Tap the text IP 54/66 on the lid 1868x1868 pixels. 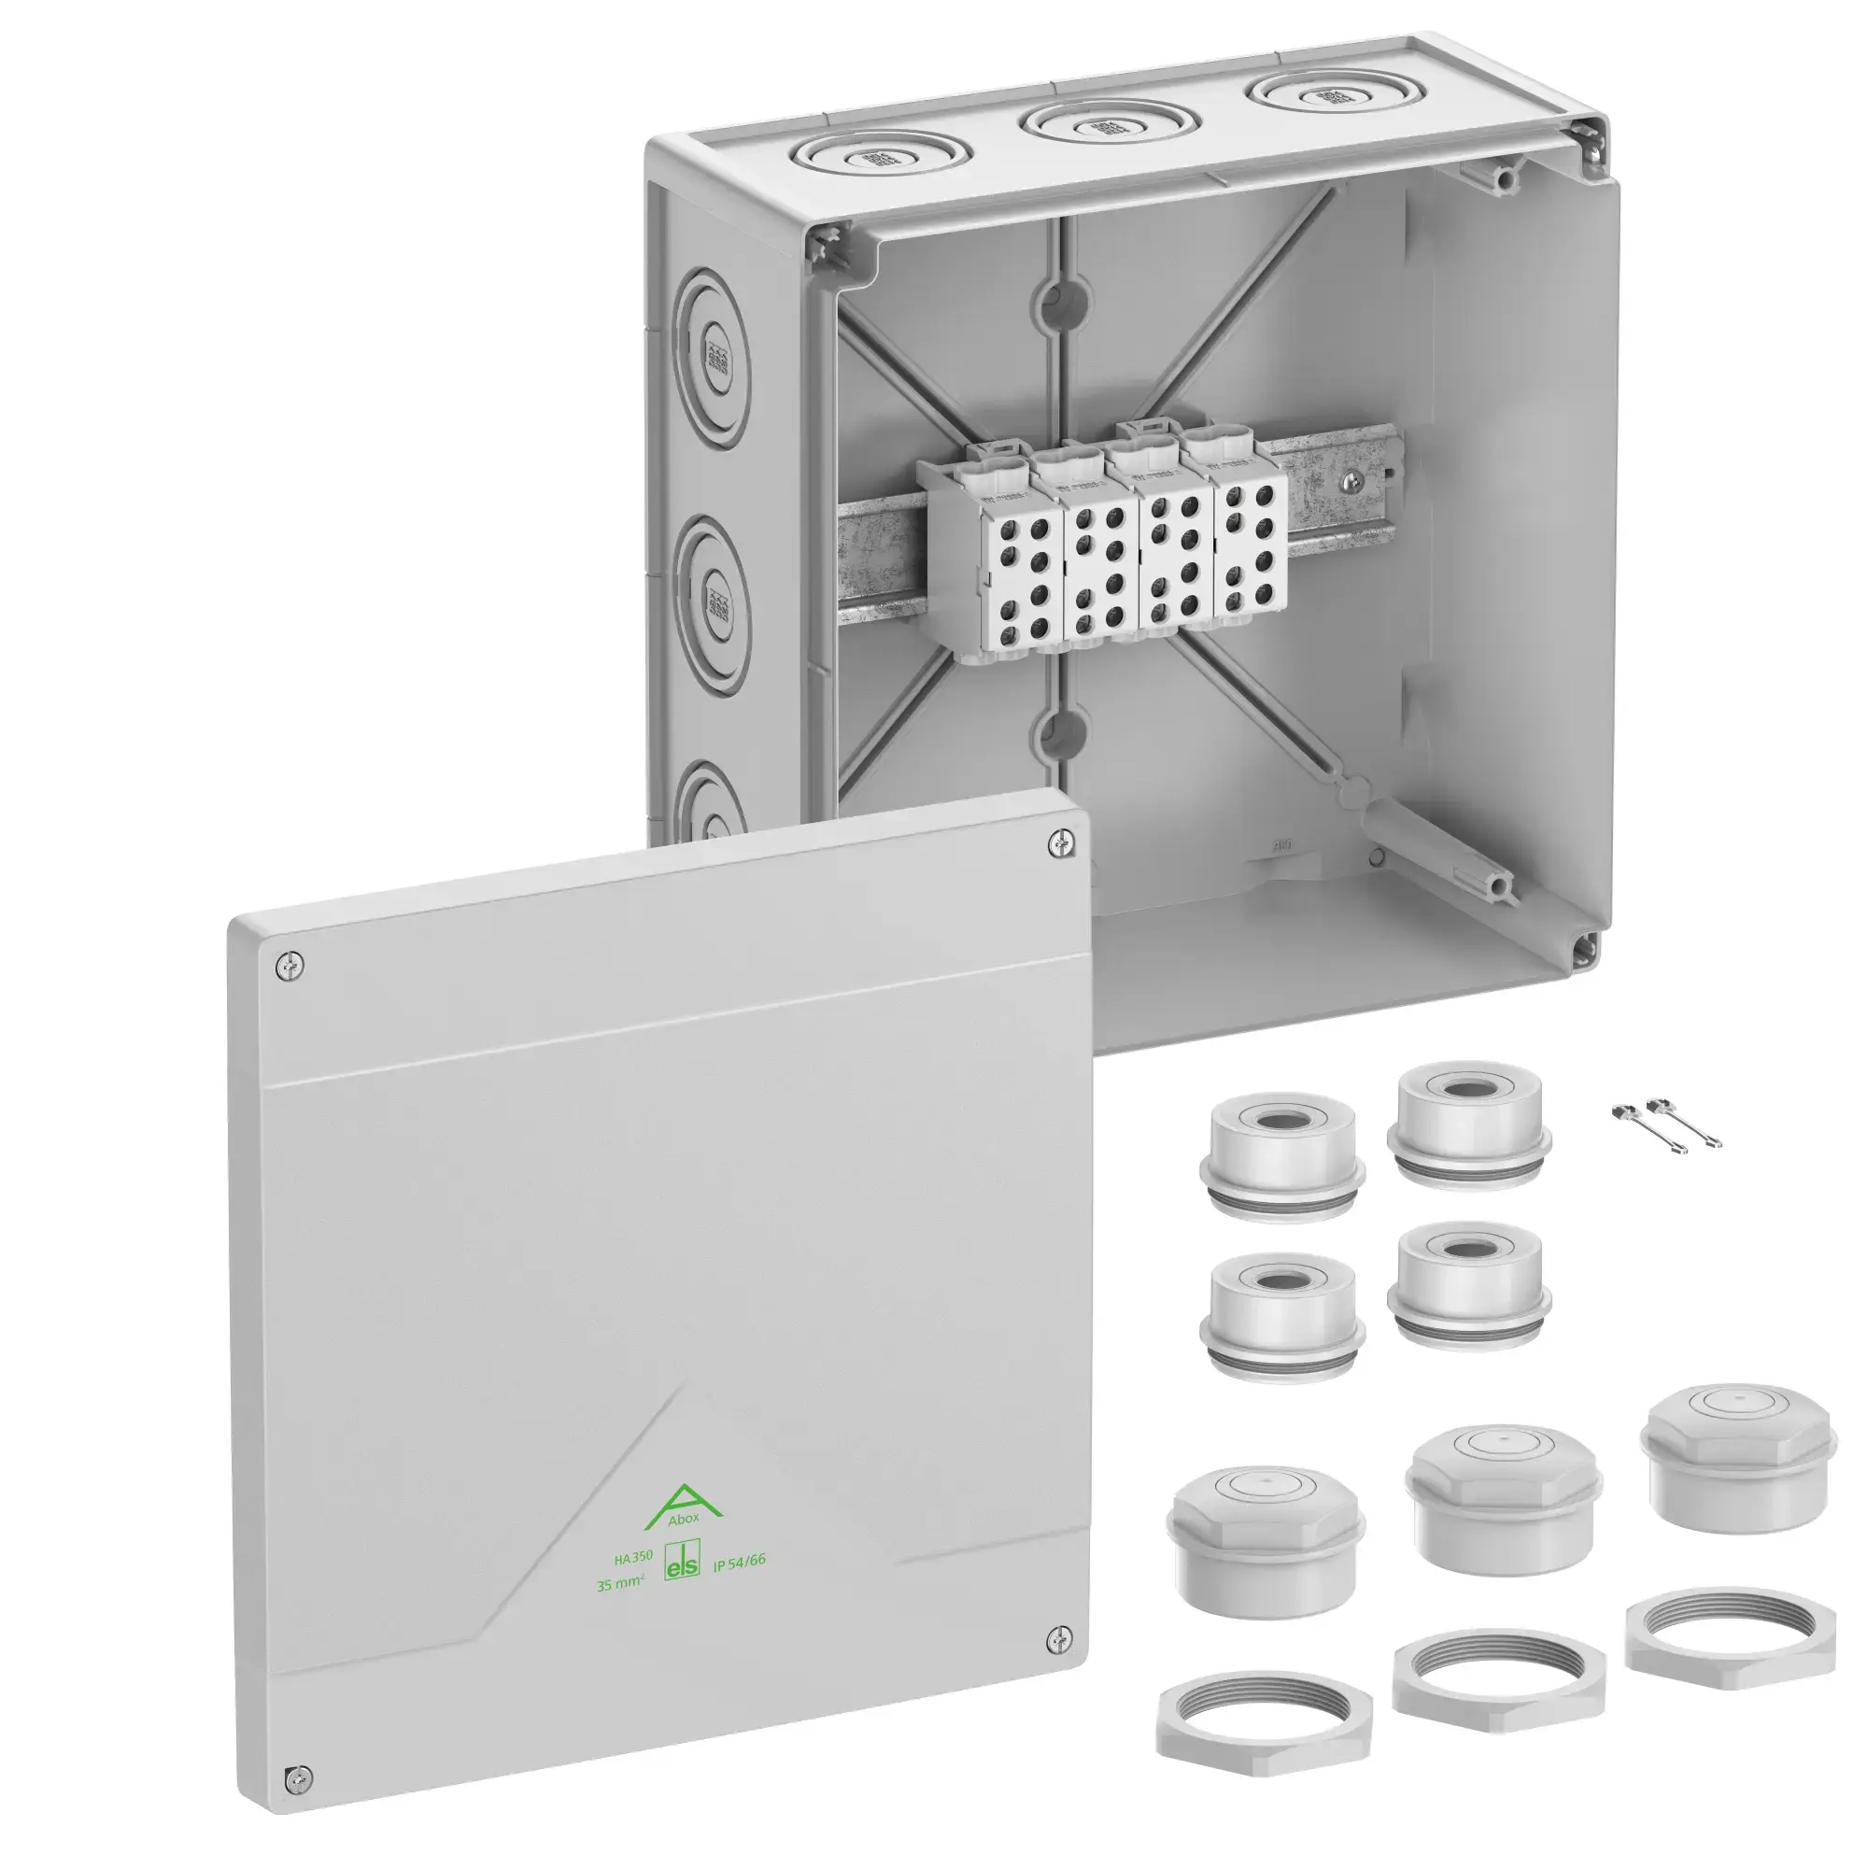[739, 1562]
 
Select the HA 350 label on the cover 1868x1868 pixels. [633, 1558]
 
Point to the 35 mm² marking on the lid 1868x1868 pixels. [620, 1585]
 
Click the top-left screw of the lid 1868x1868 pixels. [288, 964]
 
